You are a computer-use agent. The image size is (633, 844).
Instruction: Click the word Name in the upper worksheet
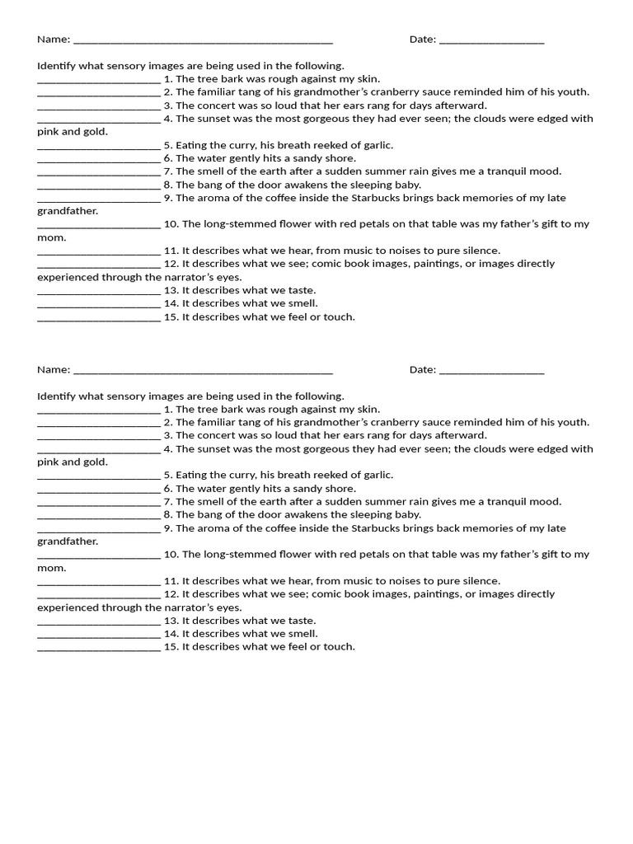[52, 40]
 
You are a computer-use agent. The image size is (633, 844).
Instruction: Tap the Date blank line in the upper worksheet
[492, 40]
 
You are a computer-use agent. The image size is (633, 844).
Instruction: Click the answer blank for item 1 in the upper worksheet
[99, 80]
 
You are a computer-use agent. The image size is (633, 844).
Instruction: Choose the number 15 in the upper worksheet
[171, 316]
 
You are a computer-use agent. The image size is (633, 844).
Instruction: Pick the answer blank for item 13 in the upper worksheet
[99, 291]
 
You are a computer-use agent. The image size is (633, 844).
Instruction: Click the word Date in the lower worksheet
[422, 369]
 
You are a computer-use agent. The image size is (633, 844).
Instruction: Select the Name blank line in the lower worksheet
[203, 370]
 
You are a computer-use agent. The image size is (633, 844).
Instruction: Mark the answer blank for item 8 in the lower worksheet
[99, 515]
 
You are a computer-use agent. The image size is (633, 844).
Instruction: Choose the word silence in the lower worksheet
[479, 580]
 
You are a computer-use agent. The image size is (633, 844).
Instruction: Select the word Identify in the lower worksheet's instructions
[56, 396]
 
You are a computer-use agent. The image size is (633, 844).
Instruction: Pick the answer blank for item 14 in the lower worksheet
[99, 634]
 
